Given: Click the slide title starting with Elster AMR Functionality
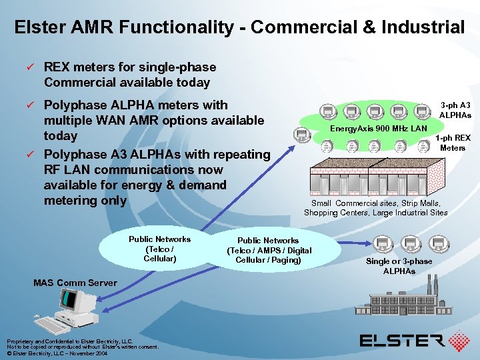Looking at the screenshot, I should (x=239, y=27).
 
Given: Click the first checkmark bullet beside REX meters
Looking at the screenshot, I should (x=29, y=67).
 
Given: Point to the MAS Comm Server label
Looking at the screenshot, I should (x=75, y=283).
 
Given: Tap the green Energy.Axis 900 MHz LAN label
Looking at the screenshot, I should (x=378, y=127).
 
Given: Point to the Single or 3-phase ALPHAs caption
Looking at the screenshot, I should (x=399, y=266).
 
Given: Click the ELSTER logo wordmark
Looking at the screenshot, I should (x=401, y=341).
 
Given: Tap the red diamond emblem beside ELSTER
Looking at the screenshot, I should (x=459, y=341).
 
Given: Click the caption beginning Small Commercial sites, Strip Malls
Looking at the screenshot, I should (x=375, y=207).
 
